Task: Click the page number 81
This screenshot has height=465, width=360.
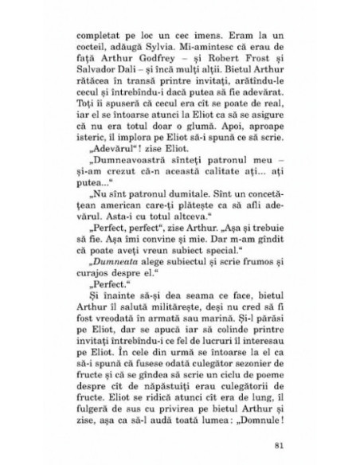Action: [278, 442]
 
